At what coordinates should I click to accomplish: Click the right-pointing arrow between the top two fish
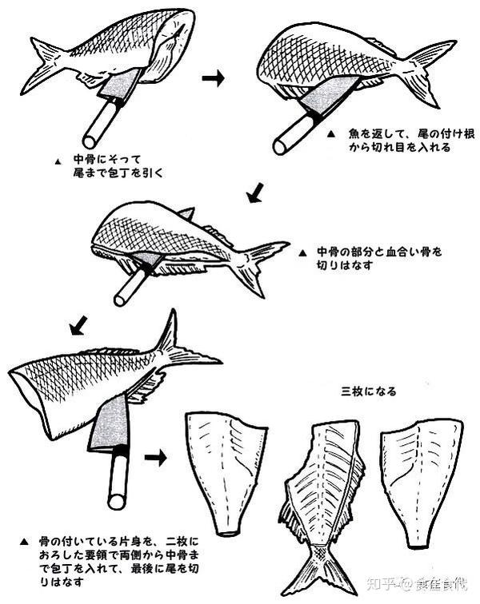pyautogui.click(x=212, y=78)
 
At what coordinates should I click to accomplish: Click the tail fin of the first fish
pyautogui.click(x=44, y=64)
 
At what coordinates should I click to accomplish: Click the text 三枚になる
pyautogui.click(x=369, y=391)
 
